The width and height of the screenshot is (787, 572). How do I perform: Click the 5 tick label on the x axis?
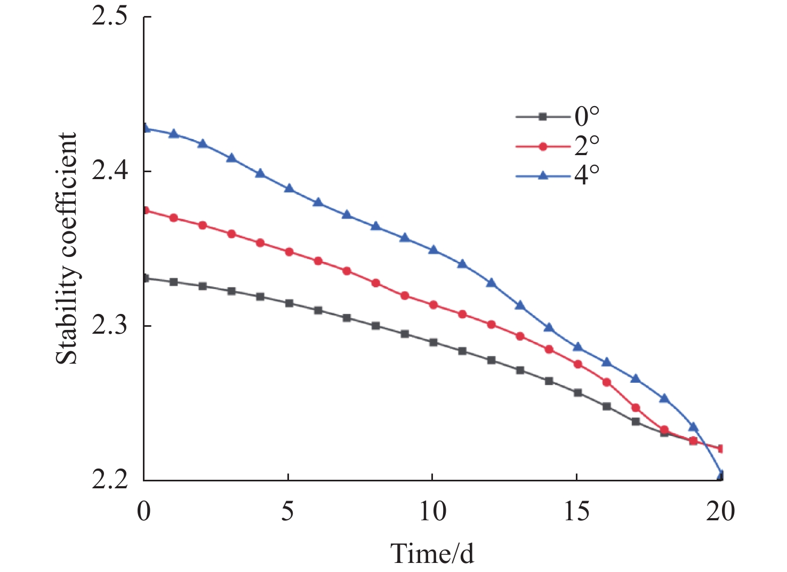[x=288, y=512]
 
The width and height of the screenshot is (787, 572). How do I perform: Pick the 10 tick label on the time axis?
[x=432, y=512]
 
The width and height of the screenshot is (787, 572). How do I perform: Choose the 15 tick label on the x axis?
[x=577, y=512]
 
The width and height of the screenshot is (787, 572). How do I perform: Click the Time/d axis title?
[x=432, y=553]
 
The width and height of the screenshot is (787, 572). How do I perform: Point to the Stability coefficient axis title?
[x=67, y=248]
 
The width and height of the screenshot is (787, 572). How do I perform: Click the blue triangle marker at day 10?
[x=433, y=249]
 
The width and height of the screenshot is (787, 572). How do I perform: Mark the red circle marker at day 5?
[x=289, y=252]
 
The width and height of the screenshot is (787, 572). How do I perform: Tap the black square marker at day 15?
[x=577, y=393]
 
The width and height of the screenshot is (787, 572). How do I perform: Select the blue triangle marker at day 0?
[x=145, y=128]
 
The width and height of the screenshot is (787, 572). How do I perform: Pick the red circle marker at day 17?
[x=635, y=408]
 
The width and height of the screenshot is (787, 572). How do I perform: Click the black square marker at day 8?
[x=375, y=326]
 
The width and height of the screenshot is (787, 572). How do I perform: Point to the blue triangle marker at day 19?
[x=693, y=426]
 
